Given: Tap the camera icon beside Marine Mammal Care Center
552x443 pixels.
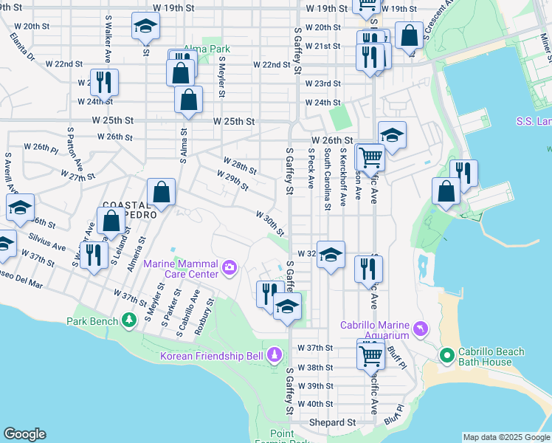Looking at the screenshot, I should coord(230,267).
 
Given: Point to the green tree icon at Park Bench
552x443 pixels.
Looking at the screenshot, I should coord(129,320).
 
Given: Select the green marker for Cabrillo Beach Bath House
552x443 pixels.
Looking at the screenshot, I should coord(446,356).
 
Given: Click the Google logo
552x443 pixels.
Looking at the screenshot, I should coord(24,434).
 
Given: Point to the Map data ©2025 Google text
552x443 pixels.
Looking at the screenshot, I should coord(506,437).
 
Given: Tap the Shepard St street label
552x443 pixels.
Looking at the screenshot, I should coord(332,422).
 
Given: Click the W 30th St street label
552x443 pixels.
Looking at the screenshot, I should coord(269,222).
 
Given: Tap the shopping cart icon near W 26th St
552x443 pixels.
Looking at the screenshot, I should coord(369,156).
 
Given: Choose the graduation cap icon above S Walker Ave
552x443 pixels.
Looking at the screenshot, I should coord(145,27).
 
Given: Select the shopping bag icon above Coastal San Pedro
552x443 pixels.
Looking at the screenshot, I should coord(160,193).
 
